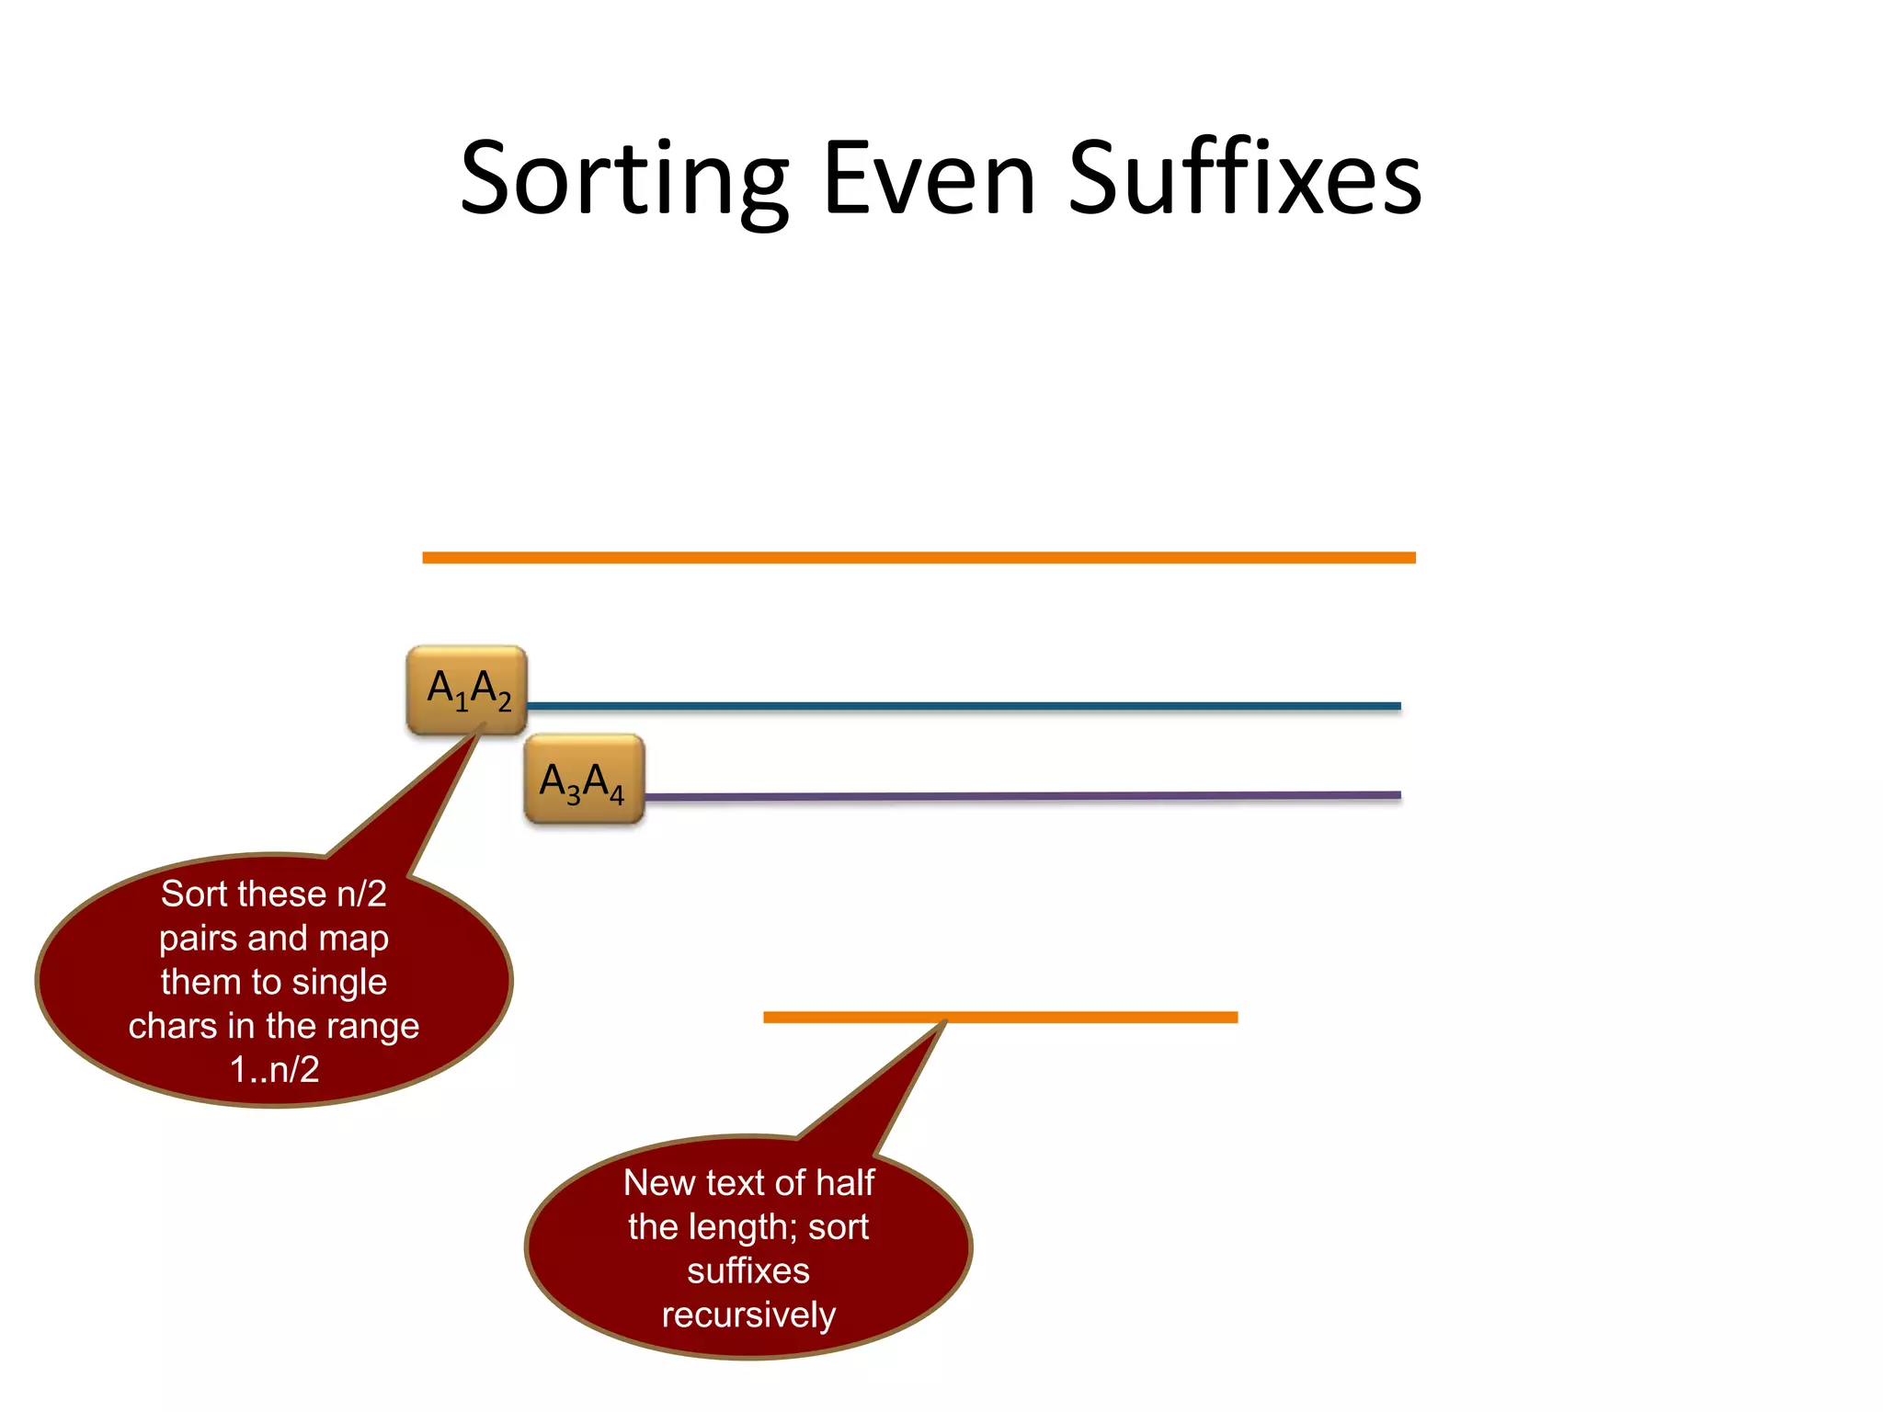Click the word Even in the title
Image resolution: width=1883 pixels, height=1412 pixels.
930,179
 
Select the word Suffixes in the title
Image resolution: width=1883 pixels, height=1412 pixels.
1245,179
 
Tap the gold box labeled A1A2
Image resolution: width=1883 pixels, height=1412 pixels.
467,690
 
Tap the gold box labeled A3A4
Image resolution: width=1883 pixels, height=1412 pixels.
584,780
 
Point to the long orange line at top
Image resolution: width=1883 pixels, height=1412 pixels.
919,558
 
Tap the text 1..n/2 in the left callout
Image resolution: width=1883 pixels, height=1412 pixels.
274,1070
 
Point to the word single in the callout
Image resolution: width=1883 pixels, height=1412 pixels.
339,982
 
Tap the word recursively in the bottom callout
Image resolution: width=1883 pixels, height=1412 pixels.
748,1315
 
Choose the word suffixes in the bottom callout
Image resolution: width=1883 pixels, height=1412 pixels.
748,1271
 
